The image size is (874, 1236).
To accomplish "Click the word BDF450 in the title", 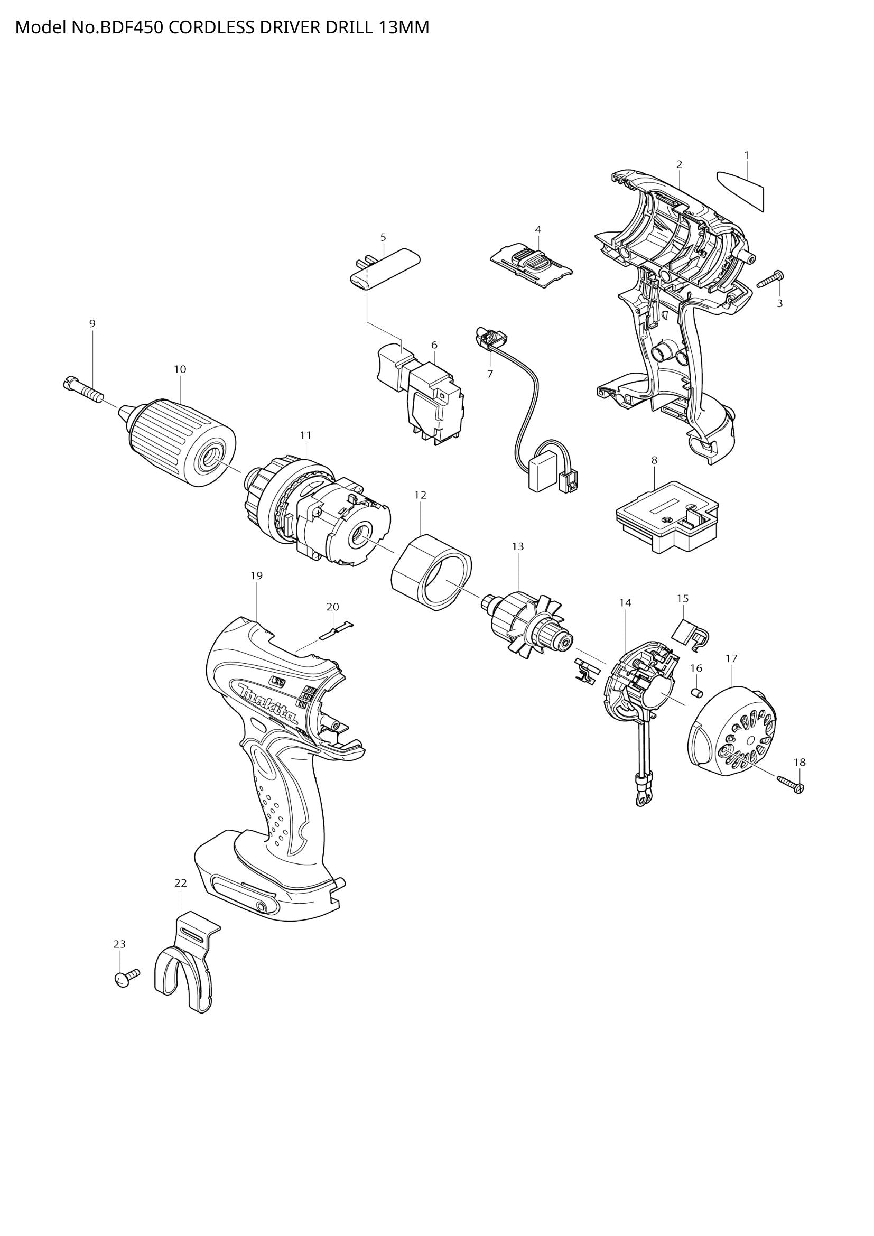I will pos(132,27).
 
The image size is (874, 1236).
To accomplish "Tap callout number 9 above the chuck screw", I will pos(92,323).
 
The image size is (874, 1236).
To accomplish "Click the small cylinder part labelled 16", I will pos(696,692).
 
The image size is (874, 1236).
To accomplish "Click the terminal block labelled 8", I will pos(667,516).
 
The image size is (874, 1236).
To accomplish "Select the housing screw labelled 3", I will pos(770,280).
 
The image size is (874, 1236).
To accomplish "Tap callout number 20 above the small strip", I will pos(332,607).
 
